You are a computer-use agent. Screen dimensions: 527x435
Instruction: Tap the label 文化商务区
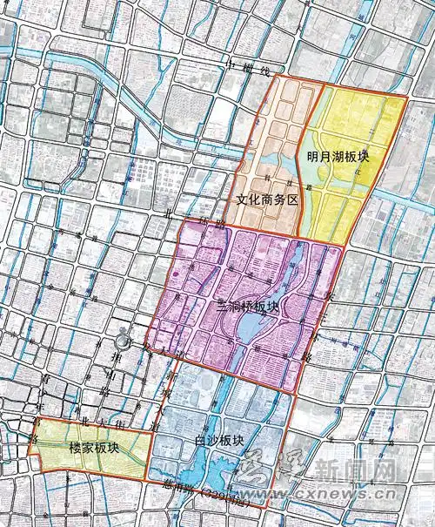[267, 199]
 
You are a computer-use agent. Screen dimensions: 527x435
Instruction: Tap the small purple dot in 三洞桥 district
[176, 276]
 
